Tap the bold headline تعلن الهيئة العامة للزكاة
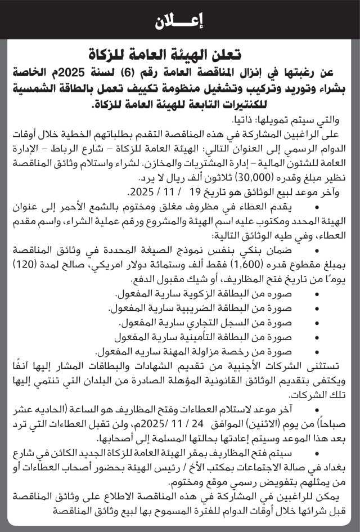click(x=179, y=55)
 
